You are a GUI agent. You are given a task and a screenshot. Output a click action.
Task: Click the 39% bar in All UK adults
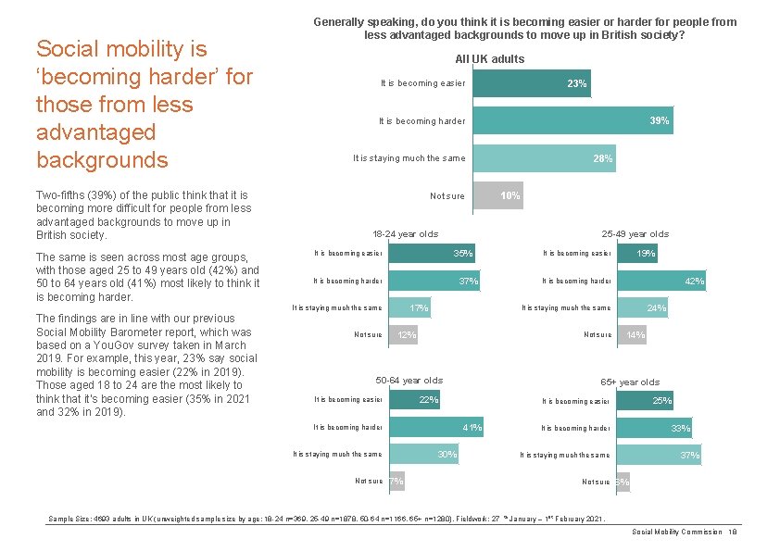pyautogui.click(x=572, y=121)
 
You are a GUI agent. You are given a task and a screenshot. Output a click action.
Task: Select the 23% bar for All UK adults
pyautogui.click(x=531, y=84)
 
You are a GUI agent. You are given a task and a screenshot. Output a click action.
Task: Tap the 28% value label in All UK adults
pyautogui.click(x=602, y=158)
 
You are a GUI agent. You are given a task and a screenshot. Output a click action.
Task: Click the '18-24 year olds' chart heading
pyautogui.click(x=405, y=233)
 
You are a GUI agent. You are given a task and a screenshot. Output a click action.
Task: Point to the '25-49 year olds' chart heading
pyautogui.click(x=635, y=233)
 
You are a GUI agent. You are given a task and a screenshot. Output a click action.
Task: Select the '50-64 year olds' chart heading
pyautogui.click(x=409, y=380)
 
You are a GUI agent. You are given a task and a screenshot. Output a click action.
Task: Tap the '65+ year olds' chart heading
pyautogui.click(x=630, y=382)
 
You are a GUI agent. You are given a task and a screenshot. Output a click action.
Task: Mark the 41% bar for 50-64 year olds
pyautogui.click(x=434, y=427)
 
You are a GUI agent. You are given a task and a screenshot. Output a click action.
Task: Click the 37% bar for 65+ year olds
pyautogui.click(x=659, y=455)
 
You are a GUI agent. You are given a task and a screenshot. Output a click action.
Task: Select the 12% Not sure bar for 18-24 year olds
pyautogui.click(x=402, y=334)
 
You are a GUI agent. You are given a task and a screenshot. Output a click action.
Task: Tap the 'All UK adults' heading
pyautogui.click(x=489, y=58)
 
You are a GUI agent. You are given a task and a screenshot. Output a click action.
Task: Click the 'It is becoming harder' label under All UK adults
pyautogui.click(x=421, y=121)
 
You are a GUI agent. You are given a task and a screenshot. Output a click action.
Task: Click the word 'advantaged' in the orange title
pyautogui.click(x=95, y=131)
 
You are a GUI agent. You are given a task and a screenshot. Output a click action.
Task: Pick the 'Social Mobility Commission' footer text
pyautogui.click(x=676, y=532)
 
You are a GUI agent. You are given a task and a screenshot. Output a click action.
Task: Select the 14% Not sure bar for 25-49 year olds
pyautogui.click(x=632, y=334)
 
